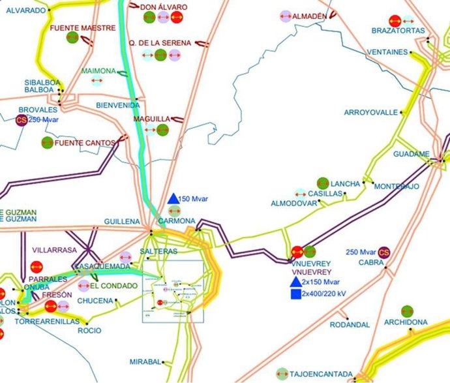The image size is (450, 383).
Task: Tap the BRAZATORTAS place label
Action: pos(398,31)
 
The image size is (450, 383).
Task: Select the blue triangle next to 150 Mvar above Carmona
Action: pos(173,198)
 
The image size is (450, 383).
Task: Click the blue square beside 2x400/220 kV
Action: pos(295,294)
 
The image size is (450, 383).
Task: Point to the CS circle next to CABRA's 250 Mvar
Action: pos(383,253)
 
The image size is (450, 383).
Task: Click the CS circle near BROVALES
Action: pos(22,119)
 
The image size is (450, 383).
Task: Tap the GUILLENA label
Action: pos(122,222)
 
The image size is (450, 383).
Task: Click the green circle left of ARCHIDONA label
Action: pos(407,311)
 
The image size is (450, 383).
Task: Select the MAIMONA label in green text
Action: pos(99,70)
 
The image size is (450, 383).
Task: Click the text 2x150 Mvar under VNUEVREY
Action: pos(322,283)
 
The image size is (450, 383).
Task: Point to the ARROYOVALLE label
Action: pos(370,112)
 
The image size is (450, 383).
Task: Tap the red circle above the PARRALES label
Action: pos(37,267)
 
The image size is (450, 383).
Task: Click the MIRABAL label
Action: pos(145,361)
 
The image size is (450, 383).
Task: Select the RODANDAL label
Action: pos(350,324)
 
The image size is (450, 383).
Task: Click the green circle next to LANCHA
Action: pos(322,183)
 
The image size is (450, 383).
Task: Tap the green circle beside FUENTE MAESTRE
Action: pos(72,38)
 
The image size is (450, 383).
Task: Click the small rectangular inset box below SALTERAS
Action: pos(173,291)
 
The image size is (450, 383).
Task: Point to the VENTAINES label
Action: pos(387,52)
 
